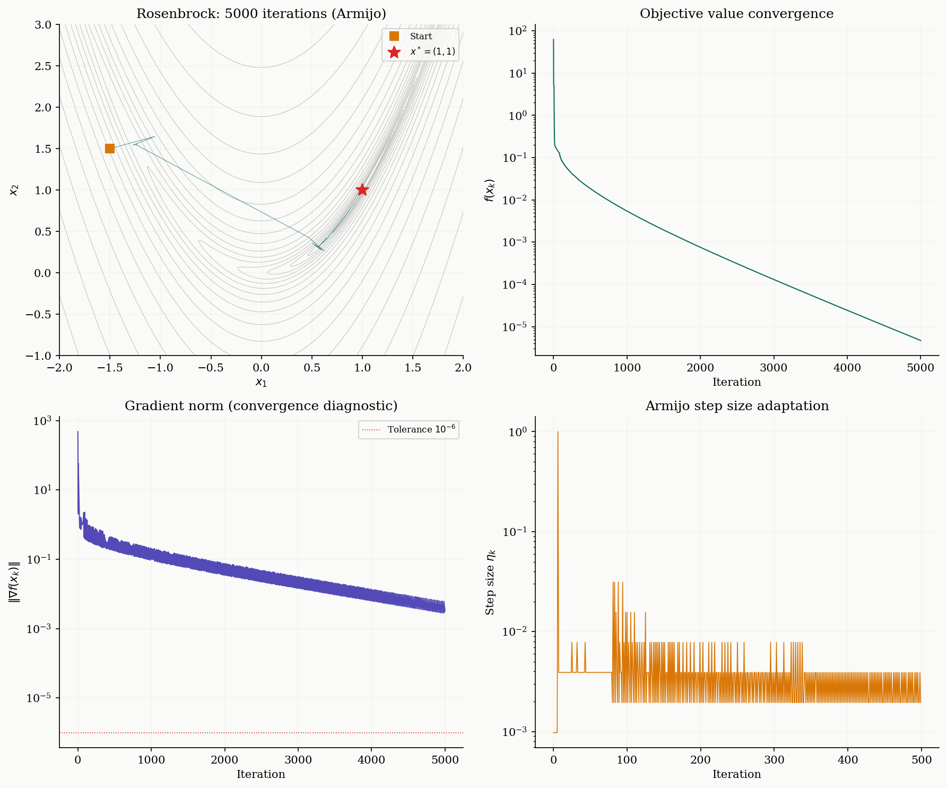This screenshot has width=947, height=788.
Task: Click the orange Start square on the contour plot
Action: (x=110, y=149)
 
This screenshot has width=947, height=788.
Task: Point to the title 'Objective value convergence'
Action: (x=736, y=14)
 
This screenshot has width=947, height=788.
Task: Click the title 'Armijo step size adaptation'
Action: (x=736, y=406)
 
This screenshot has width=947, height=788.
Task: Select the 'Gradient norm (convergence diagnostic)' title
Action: (x=261, y=406)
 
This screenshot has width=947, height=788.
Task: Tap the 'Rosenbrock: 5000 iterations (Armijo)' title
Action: (x=261, y=14)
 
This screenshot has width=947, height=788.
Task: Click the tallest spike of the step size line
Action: (x=558, y=432)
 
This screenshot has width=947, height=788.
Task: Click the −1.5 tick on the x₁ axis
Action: (x=110, y=368)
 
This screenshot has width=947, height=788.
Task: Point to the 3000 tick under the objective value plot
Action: (x=774, y=368)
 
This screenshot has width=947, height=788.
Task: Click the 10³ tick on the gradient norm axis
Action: (x=42, y=421)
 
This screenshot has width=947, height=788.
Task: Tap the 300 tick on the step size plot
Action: (x=774, y=760)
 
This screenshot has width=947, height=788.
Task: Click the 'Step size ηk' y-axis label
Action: (x=491, y=582)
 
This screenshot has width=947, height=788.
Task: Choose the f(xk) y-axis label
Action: (x=490, y=190)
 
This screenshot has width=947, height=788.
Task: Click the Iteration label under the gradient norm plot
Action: (x=261, y=774)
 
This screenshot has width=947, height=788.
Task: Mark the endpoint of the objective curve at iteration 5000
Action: (x=920, y=341)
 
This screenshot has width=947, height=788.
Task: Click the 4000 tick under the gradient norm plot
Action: (x=371, y=760)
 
